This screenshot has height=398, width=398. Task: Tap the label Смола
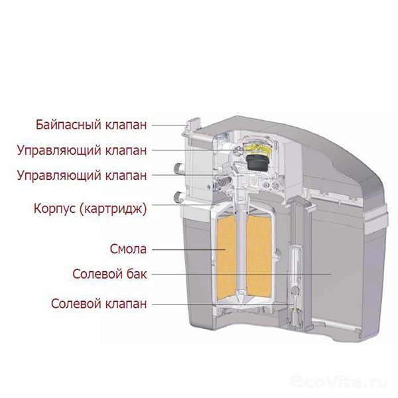(x=128, y=249)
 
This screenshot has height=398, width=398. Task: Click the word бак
(x=137, y=274)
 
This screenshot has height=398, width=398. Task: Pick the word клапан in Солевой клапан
(x=126, y=303)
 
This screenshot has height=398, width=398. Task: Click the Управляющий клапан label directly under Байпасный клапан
(x=82, y=151)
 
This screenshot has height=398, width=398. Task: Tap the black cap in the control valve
(x=256, y=163)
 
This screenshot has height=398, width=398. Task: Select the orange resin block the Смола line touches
(x=227, y=255)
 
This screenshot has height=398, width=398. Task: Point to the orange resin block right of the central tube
(x=259, y=255)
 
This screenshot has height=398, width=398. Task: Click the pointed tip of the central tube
(x=241, y=304)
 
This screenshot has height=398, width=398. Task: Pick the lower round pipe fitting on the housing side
(x=178, y=196)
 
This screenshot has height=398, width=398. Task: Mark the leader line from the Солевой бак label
(x=241, y=274)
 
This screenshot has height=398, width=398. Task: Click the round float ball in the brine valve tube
(x=295, y=290)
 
